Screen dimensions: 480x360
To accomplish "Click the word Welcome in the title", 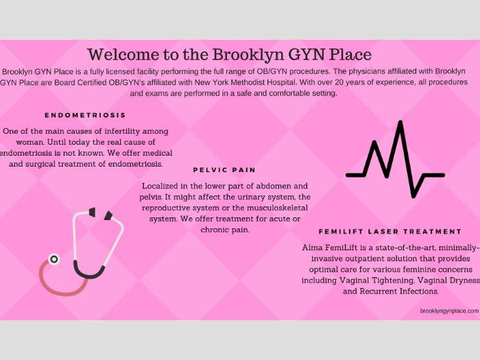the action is (123, 54).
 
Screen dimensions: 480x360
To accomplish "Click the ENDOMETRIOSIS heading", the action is (85, 115).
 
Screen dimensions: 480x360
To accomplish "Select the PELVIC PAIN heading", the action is (224, 170).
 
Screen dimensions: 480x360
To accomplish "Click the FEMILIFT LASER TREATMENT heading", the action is (390, 232).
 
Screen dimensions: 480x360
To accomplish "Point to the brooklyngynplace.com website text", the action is (449, 311).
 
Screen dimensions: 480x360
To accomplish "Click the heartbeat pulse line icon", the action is (395, 159).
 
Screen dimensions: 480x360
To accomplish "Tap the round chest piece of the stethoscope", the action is (54, 259).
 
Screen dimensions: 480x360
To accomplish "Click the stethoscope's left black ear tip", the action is (92, 212).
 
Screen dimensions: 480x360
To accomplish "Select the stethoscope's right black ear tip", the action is (108, 215).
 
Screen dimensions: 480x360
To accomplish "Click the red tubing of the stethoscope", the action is (61, 283).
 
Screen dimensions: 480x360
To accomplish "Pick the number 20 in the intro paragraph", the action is (339, 82).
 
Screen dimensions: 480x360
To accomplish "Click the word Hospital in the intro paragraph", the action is (282, 82).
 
